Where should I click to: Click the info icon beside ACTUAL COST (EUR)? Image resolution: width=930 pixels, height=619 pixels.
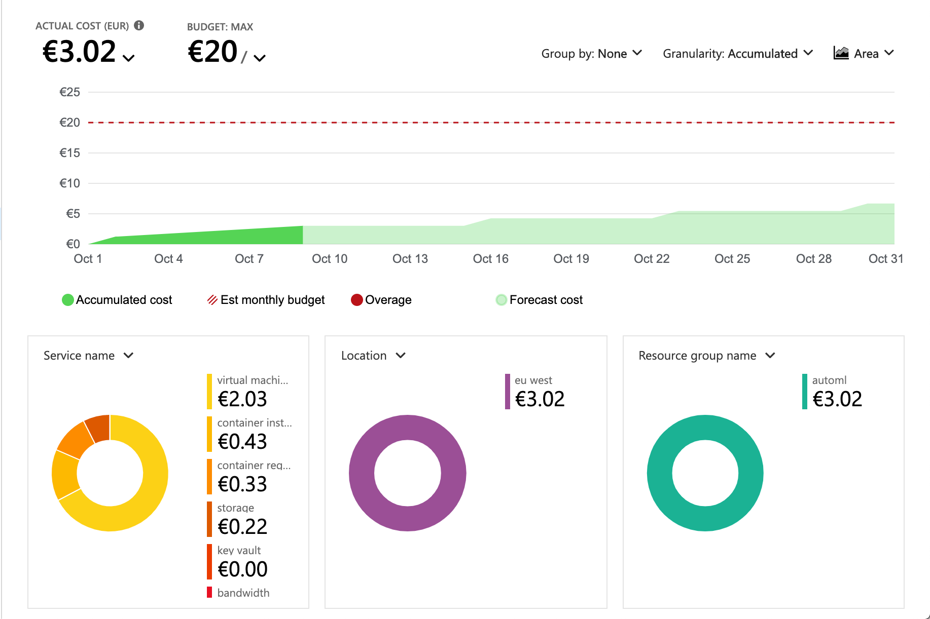(139, 25)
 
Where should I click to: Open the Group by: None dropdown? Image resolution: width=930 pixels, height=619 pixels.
(591, 54)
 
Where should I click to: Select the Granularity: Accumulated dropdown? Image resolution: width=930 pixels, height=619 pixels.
(737, 54)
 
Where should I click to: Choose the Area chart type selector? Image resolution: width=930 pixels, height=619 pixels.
(863, 53)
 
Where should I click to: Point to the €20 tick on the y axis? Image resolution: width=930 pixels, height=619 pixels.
(70, 123)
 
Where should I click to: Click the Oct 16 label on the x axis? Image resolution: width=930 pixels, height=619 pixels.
(490, 259)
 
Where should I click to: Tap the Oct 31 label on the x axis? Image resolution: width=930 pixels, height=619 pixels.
(885, 259)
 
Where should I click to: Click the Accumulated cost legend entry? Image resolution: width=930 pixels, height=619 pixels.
(117, 300)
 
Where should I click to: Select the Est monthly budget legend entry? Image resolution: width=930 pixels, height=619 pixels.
(266, 300)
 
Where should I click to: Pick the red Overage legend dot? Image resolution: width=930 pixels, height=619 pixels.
(357, 300)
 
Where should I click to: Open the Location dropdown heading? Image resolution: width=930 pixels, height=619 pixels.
(373, 356)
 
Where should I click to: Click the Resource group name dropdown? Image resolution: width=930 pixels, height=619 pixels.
(706, 356)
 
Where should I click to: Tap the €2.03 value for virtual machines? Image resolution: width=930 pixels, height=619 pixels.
(242, 399)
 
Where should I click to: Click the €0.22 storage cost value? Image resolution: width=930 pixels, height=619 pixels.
(242, 527)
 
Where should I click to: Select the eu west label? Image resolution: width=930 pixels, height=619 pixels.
(533, 380)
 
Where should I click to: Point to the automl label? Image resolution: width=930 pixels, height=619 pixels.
(829, 380)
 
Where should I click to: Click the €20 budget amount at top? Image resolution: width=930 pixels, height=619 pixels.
(212, 52)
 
